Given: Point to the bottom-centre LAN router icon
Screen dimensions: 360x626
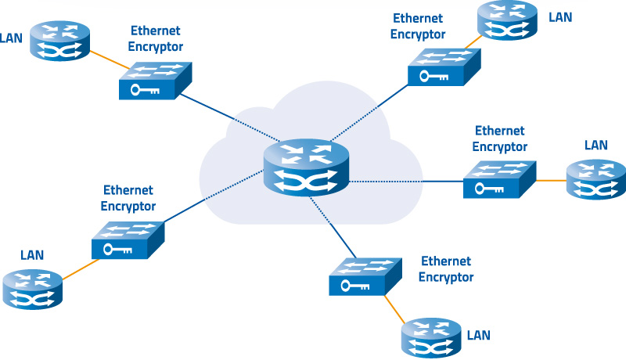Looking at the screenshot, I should (x=431, y=337).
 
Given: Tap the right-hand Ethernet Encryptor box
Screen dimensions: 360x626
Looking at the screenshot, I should (x=499, y=180).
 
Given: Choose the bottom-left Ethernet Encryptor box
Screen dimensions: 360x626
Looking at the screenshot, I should (x=128, y=240).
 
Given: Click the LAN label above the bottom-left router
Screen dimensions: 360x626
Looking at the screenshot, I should (x=31, y=255).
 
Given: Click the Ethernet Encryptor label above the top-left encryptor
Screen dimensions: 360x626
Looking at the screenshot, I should (x=155, y=38).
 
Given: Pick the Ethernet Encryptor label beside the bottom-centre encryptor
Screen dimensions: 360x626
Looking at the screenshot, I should (x=446, y=268).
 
